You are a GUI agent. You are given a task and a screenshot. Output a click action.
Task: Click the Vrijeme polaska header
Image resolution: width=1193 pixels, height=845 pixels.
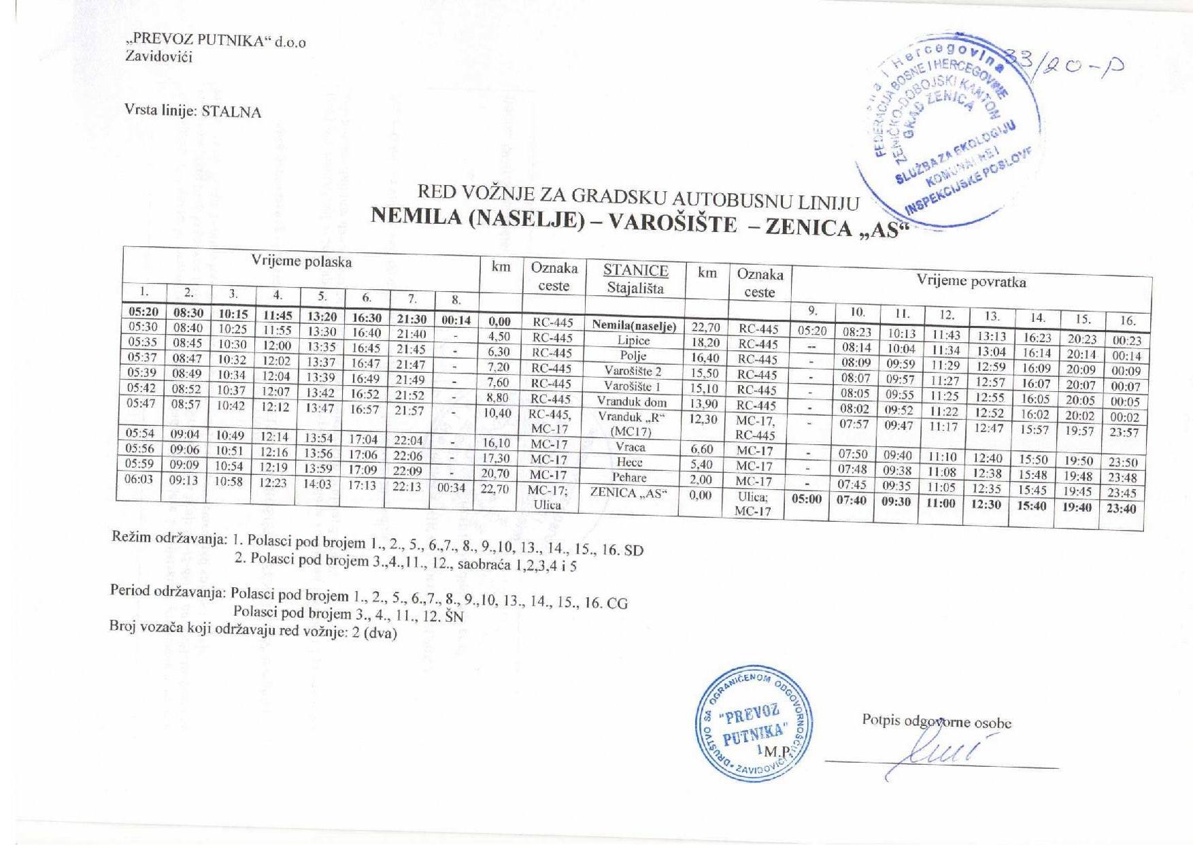pyautogui.click(x=301, y=262)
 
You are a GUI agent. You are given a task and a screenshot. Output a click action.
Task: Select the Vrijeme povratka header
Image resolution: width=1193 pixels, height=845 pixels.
pyautogui.click(x=971, y=281)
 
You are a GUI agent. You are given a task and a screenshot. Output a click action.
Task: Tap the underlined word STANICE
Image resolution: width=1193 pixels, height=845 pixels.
pyautogui.click(x=635, y=270)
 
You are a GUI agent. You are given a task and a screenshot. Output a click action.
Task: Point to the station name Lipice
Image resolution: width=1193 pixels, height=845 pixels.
pyautogui.click(x=633, y=341)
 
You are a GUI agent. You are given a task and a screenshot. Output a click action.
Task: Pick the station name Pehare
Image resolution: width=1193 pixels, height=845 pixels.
pyautogui.click(x=628, y=478)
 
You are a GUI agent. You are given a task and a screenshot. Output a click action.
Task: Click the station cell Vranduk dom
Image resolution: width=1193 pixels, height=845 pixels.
pyautogui.click(x=631, y=401)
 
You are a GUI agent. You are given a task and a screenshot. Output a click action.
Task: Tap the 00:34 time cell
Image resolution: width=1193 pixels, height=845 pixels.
pyautogui.click(x=452, y=488)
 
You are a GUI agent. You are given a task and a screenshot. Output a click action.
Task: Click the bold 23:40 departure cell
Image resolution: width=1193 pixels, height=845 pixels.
pyautogui.click(x=1120, y=508)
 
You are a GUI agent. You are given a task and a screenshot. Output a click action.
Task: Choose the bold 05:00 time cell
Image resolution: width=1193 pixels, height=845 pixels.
pyautogui.click(x=807, y=499)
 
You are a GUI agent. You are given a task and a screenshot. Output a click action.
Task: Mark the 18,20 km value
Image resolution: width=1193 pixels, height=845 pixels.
pyautogui.click(x=705, y=343)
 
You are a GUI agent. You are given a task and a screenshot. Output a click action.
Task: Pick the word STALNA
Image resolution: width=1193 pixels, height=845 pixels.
pyautogui.click(x=231, y=113)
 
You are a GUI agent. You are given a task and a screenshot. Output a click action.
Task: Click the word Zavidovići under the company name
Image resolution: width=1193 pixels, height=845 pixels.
pyautogui.click(x=159, y=57)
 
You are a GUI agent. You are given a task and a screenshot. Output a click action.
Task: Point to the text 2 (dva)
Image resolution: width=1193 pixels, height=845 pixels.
pyautogui.click(x=372, y=633)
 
